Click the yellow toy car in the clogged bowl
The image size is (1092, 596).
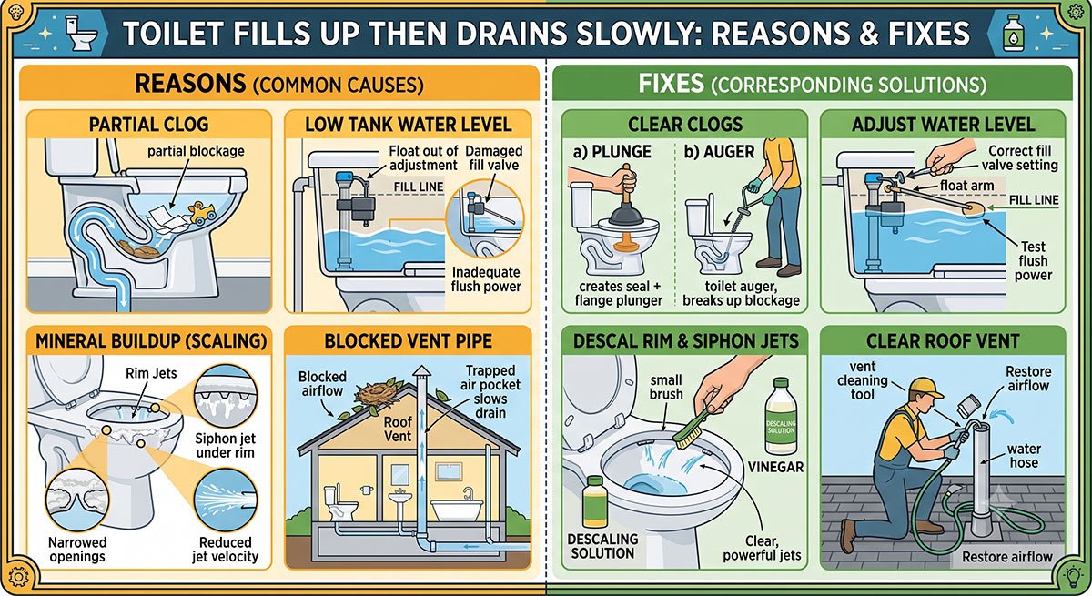[202, 213]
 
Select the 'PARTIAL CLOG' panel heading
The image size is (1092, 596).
[148, 125]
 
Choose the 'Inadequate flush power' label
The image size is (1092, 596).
[486, 279]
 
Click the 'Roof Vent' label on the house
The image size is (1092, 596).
[398, 429]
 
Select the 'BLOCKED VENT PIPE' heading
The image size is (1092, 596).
[409, 341]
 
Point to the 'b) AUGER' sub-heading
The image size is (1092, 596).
[720, 152]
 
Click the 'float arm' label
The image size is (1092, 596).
[966, 186]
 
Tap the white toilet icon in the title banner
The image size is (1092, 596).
[80, 33]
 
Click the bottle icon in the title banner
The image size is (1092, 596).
[1014, 32]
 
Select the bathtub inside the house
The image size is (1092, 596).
[456, 509]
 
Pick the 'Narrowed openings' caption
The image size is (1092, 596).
[77, 550]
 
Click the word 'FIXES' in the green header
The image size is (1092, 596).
[672, 84]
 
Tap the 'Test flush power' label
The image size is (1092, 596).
[1033, 261]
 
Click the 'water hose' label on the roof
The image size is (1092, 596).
[1024, 455]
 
